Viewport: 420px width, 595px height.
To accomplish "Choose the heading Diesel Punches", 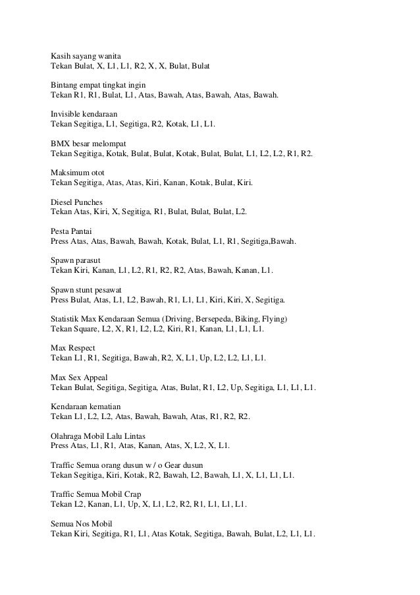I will [78, 201].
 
